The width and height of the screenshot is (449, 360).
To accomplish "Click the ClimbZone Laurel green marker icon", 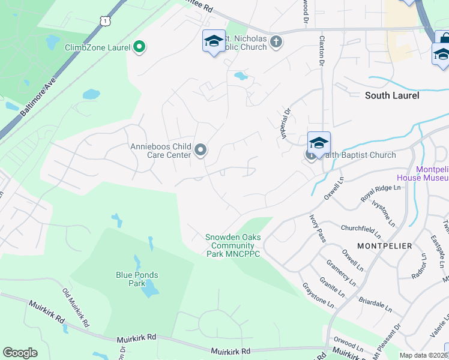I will coord(139,47).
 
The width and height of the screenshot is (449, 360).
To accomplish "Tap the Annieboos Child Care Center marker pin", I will coord(201,150).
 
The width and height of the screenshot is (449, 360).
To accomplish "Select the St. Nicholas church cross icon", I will coord(276,41).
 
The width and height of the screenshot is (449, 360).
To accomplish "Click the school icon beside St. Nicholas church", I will coord(213,41).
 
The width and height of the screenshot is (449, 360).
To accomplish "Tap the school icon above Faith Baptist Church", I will coord(319,143).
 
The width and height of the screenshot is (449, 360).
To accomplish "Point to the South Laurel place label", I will coord(392,95).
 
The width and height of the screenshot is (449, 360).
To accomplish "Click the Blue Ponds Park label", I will coord(137,279).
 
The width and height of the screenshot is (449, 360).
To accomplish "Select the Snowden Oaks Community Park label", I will coord(233,245).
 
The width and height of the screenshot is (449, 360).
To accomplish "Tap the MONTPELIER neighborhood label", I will coord(384,246).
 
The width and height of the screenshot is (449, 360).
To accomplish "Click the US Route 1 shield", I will coord(106,20).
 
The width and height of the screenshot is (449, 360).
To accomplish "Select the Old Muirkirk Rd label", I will coord(76,307).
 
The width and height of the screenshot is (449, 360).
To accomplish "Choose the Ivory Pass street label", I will coord(318,228).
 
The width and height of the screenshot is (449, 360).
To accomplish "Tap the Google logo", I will coord(20,353).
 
